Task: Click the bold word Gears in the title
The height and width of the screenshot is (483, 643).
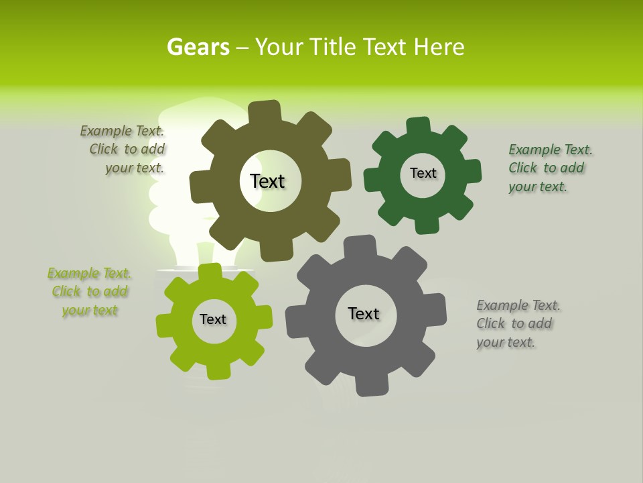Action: [198, 47]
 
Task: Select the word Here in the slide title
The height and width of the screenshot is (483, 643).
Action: [439, 47]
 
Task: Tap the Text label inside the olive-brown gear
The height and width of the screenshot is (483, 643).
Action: [267, 181]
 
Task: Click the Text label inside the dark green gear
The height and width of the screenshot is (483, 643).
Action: [423, 173]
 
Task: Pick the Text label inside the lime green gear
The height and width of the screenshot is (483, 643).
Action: [213, 319]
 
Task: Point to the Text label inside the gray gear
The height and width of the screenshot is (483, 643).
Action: [364, 313]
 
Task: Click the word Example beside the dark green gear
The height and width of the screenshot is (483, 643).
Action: [534, 150]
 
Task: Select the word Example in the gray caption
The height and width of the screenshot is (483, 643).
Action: [502, 306]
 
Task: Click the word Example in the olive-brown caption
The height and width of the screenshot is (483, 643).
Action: [106, 131]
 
